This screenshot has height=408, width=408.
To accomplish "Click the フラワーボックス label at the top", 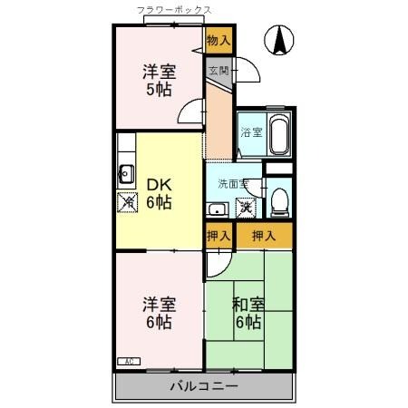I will coord(174,10).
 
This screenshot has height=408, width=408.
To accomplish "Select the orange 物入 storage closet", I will coord(219,40).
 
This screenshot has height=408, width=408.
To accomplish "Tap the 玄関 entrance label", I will coord(218,70).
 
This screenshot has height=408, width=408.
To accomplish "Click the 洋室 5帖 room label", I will coord(158,80).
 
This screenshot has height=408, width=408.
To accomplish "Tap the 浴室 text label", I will coord(250,132).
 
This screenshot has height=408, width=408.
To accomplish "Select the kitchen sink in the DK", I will coord(126,174).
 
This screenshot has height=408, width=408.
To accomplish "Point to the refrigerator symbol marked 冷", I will coord(126,202).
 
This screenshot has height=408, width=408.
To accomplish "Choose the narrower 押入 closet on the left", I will coord(219,236).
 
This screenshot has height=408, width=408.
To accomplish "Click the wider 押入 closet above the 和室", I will coord(264,236).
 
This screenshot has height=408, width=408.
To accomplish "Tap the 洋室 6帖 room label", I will coord(158,312).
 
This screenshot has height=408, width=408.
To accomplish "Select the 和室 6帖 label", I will coord(248,313).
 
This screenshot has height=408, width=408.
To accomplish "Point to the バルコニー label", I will coord(204,387).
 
